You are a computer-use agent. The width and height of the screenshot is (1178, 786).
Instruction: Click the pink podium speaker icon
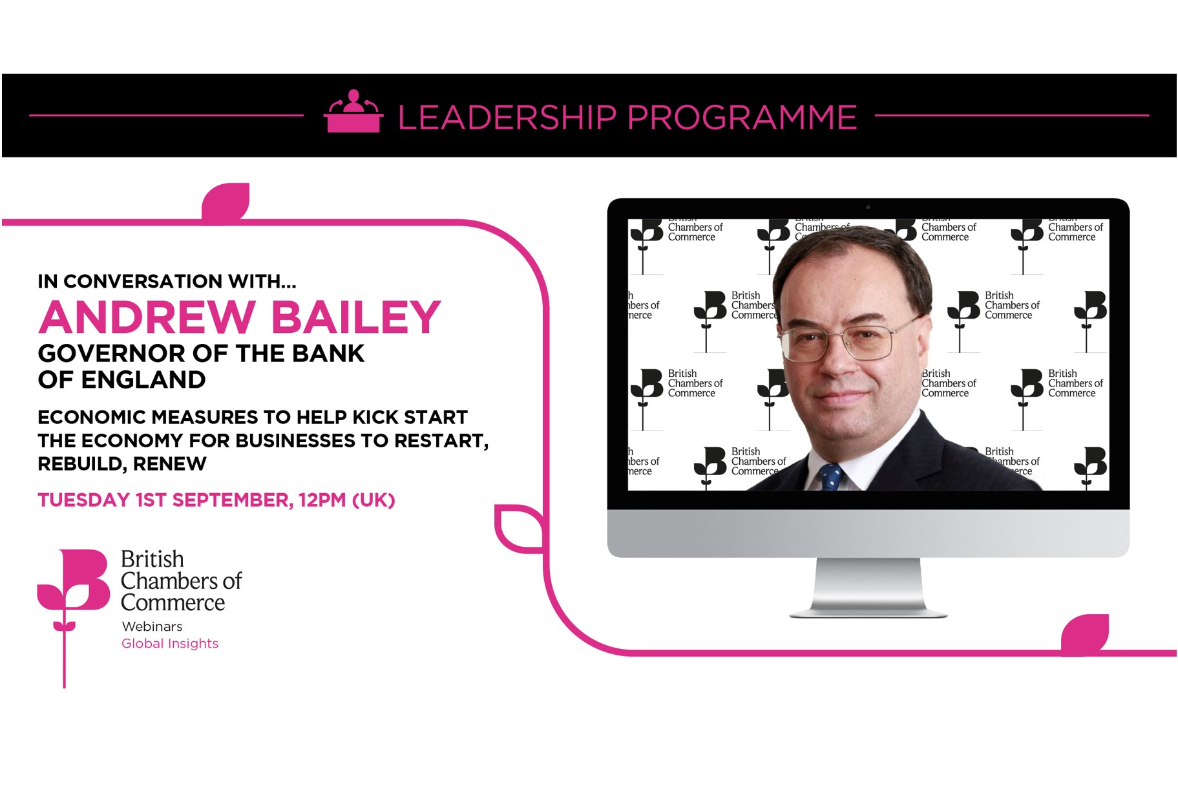coord(353,111)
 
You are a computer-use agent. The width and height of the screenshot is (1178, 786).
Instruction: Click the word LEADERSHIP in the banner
coord(507,118)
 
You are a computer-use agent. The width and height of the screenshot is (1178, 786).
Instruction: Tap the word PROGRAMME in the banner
coord(742,118)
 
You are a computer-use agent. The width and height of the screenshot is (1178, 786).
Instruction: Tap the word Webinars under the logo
coord(152,626)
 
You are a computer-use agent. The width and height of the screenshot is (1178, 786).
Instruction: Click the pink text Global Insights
coord(170,644)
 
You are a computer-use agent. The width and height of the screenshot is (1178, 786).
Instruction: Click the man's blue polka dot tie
coord(831,477)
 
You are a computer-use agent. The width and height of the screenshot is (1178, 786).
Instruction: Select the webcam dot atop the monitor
coord(868,207)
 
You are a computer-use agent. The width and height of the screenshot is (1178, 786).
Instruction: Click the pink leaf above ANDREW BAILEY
coord(226,202)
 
